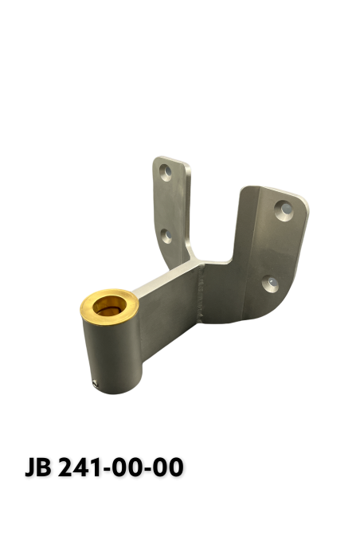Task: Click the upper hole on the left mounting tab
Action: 167,170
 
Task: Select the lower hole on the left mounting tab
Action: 167,235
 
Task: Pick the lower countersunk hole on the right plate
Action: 269,283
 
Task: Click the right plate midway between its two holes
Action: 276,246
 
